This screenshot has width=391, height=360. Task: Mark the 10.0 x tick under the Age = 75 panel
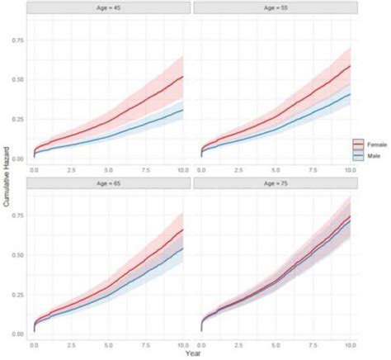click(x=350, y=342)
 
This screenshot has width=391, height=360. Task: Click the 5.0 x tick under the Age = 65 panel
click(x=109, y=342)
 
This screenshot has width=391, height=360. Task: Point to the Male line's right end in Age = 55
click(x=350, y=93)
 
